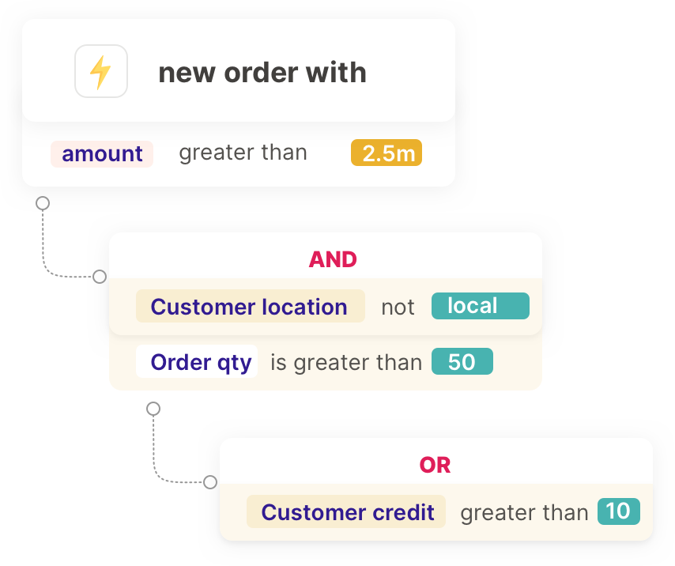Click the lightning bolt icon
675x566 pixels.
[101, 72]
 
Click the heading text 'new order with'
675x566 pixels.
[262, 73]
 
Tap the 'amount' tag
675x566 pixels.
[102, 153]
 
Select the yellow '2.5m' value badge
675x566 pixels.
[387, 153]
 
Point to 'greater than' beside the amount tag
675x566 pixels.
[243, 153]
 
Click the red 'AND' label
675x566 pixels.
[333, 259]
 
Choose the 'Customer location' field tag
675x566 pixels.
[250, 307]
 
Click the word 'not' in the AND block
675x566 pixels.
[398, 308]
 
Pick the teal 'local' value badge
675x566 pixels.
[480, 307]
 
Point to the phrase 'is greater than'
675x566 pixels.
[346, 363]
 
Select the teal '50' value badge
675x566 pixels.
[462, 362]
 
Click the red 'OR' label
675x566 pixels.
[436, 465]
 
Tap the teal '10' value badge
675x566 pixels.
[618, 511]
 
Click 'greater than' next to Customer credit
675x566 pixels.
[524, 513]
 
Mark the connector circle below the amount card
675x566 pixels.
[43, 203]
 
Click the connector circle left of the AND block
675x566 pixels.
[100, 277]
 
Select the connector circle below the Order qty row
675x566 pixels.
[154, 409]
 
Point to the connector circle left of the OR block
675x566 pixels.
[210, 482]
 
